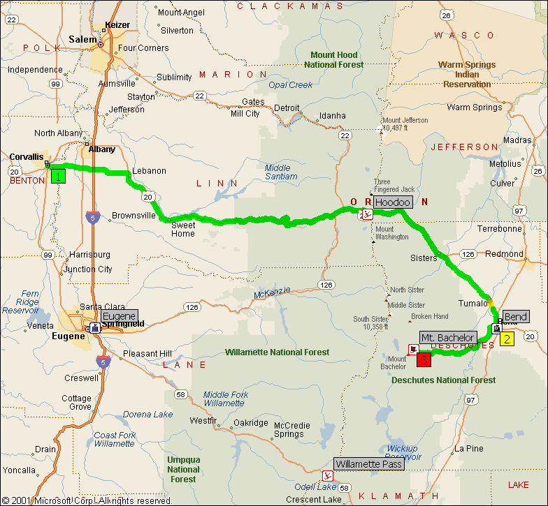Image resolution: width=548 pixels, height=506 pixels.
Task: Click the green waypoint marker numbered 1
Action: point(58,176)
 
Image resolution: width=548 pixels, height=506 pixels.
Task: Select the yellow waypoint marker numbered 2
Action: point(507,339)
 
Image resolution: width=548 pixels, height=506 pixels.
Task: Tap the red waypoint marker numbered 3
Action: point(423,360)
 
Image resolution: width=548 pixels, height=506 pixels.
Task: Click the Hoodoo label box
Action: point(393,202)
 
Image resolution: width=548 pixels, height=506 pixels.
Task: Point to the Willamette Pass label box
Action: point(368,464)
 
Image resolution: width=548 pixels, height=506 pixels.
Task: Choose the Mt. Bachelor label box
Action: point(448,338)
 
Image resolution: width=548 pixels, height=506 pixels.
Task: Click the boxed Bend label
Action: point(516,317)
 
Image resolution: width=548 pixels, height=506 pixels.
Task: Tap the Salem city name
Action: point(83,40)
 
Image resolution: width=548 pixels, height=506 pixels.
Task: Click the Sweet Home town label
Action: point(183,229)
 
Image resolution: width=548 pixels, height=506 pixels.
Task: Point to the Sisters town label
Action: point(424,258)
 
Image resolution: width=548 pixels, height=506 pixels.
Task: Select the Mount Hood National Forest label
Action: point(333,59)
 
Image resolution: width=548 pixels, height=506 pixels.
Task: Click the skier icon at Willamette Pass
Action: point(326,476)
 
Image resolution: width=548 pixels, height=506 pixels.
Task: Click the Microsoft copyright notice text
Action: point(87,500)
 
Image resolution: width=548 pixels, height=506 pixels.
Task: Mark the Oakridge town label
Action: point(250,422)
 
